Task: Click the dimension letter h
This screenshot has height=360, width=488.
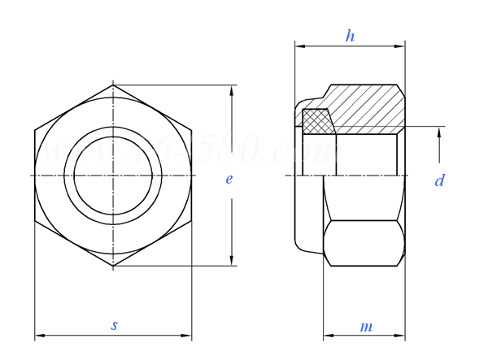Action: coord(350,36)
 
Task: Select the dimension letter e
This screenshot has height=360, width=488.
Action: coord(229,179)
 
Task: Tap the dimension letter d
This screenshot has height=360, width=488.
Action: coord(439,181)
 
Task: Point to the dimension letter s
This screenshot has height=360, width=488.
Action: coord(114,325)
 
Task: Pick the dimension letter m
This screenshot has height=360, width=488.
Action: coord(366,327)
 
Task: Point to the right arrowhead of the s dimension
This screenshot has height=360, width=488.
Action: coord(187,335)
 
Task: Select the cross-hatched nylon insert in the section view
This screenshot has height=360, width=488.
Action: coord(318,122)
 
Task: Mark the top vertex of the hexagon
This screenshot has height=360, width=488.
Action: coord(113,85)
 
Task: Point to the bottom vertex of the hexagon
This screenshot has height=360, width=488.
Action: coord(113,266)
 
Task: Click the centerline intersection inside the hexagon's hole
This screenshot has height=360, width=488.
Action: coord(113,175)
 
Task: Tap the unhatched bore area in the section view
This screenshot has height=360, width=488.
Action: coord(366,154)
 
